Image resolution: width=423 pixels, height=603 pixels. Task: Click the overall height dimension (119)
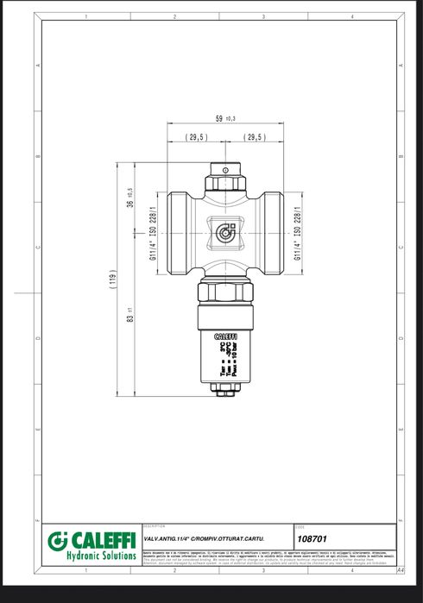pyautogui.click(x=112, y=280)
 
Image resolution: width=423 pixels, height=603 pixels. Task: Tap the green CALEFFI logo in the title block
pyautogui.click(x=91, y=541)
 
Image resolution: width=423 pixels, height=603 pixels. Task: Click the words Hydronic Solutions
pyautogui.click(x=101, y=556)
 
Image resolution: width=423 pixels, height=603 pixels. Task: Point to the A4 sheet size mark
pyautogui.click(x=400, y=570)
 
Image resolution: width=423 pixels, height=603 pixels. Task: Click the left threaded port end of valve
pyautogui.click(x=175, y=231)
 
